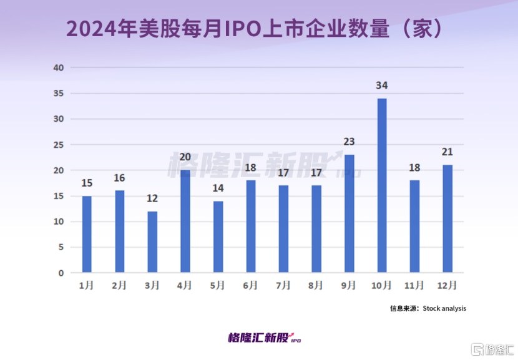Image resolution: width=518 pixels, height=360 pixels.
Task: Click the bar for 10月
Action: [382, 185]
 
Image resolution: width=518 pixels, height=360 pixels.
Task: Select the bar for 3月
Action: [152, 242]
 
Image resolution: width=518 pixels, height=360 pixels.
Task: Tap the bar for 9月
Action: [349, 213]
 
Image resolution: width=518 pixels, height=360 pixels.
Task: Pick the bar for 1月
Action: [87, 234]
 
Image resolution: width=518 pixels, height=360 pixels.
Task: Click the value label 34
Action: [382, 85]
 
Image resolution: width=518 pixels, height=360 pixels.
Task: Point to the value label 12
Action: [152, 198]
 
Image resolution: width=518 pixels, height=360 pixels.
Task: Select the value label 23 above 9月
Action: [349, 142]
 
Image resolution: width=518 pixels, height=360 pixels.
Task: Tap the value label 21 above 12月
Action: [447, 152]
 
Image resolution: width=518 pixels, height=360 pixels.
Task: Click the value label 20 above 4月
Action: [185, 157]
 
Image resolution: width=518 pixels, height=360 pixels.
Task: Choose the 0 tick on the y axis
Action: [61, 273]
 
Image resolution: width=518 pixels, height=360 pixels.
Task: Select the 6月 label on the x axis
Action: [251, 286]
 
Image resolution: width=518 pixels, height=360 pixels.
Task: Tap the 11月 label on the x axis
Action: [414, 286]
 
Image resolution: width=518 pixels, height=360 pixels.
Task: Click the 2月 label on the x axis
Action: [120, 286]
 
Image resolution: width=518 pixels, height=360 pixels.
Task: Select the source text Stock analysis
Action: [444, 308]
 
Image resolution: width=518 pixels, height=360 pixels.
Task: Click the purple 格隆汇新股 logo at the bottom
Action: [265, 338]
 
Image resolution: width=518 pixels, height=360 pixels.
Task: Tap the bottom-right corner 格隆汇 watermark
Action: [492, 348]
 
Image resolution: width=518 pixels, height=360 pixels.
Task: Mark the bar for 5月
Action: [218, 237]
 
